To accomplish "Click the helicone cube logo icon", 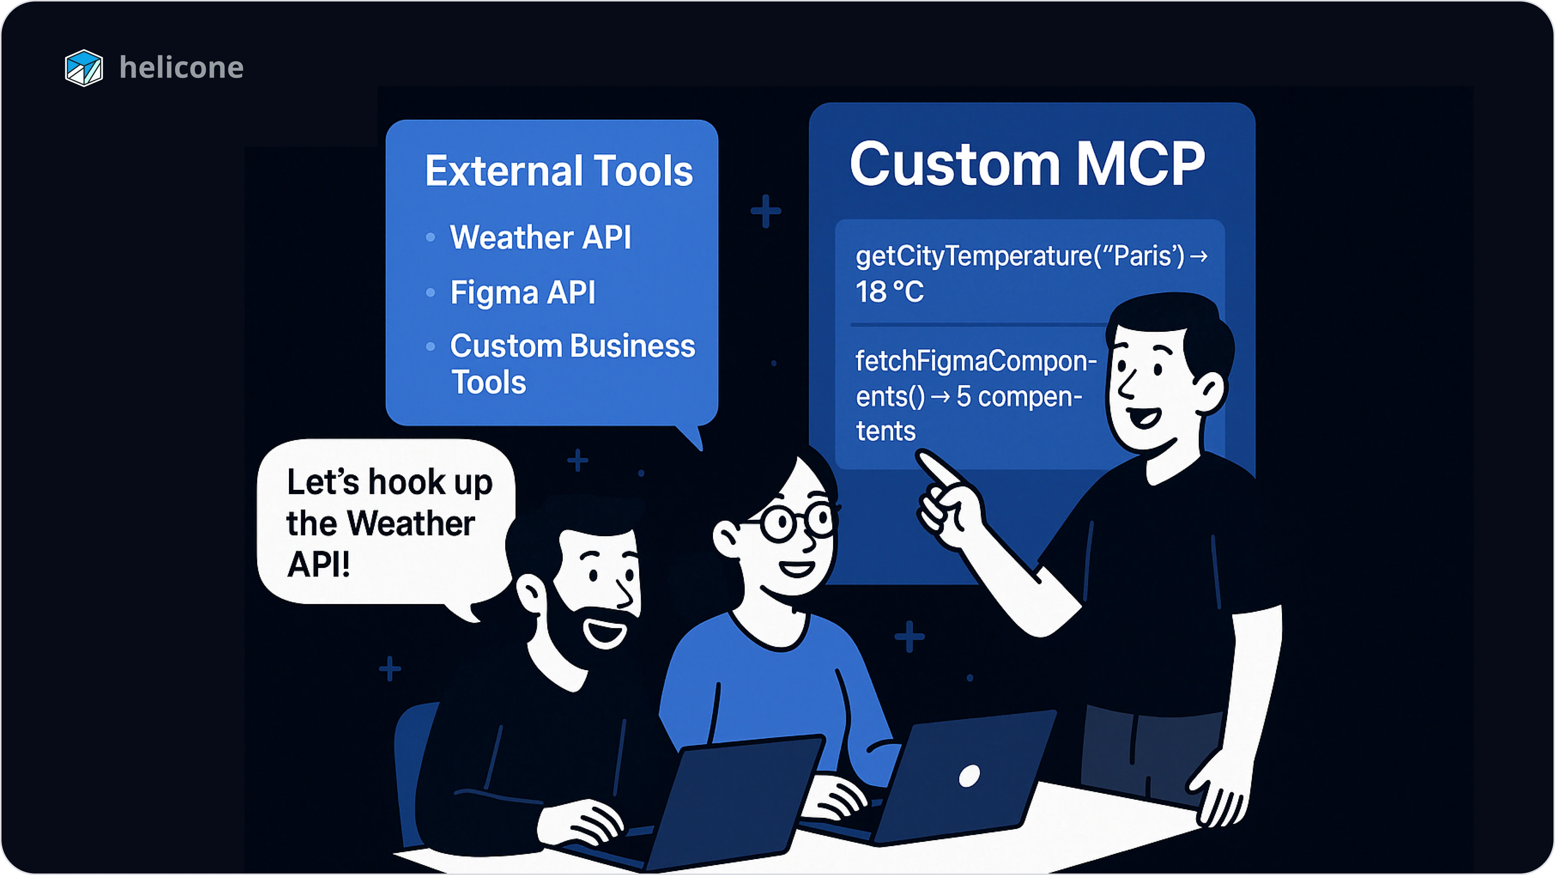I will click(x=84, y=68).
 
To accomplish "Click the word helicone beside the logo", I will click(x=181, y=68).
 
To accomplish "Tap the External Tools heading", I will click(x=558, y=171).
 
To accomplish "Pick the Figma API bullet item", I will click(x=523, y=292).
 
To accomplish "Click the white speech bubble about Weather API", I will click(x=386, y=522).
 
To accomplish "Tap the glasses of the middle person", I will click(x=797, y=521).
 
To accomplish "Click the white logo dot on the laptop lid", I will click(x=969, y=776).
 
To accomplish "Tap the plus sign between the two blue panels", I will click(x=765, y=212).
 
